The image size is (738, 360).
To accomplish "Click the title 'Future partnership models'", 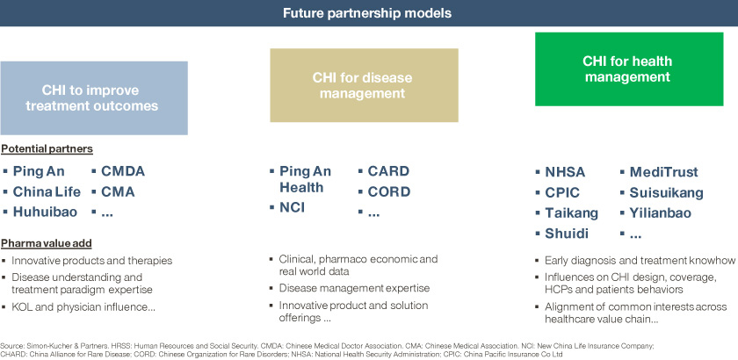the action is (367, 12).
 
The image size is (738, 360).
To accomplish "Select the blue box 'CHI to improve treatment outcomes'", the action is (94, 97).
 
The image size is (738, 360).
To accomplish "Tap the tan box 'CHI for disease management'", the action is (364, 85).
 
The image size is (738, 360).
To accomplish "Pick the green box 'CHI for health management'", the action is (629, 68).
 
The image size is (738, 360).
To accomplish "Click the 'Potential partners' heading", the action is (47, 149).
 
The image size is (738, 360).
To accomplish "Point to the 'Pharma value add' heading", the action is (46, 243).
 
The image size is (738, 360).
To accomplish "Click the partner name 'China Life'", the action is (47, 192).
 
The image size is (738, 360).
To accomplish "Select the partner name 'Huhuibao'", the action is (45, 212).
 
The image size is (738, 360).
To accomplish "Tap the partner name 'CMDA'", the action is (123, 171).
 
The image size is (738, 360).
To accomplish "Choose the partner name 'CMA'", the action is (118, 192).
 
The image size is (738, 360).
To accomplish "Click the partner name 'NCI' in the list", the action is (292, 207).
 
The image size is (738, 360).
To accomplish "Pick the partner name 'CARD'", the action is (388, 171).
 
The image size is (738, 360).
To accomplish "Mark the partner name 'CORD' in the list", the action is (388, 192).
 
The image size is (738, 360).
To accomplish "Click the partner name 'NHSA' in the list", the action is (565, 172).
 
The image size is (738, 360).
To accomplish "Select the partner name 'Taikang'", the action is (571, 213).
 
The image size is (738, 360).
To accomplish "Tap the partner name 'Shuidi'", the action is (567, 234).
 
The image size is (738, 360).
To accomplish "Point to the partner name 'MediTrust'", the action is (664, 172).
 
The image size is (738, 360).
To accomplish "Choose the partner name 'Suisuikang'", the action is (667, 193).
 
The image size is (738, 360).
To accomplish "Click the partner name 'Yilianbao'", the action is (661, 213).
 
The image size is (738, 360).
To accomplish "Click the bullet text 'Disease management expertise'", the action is (354, 288).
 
